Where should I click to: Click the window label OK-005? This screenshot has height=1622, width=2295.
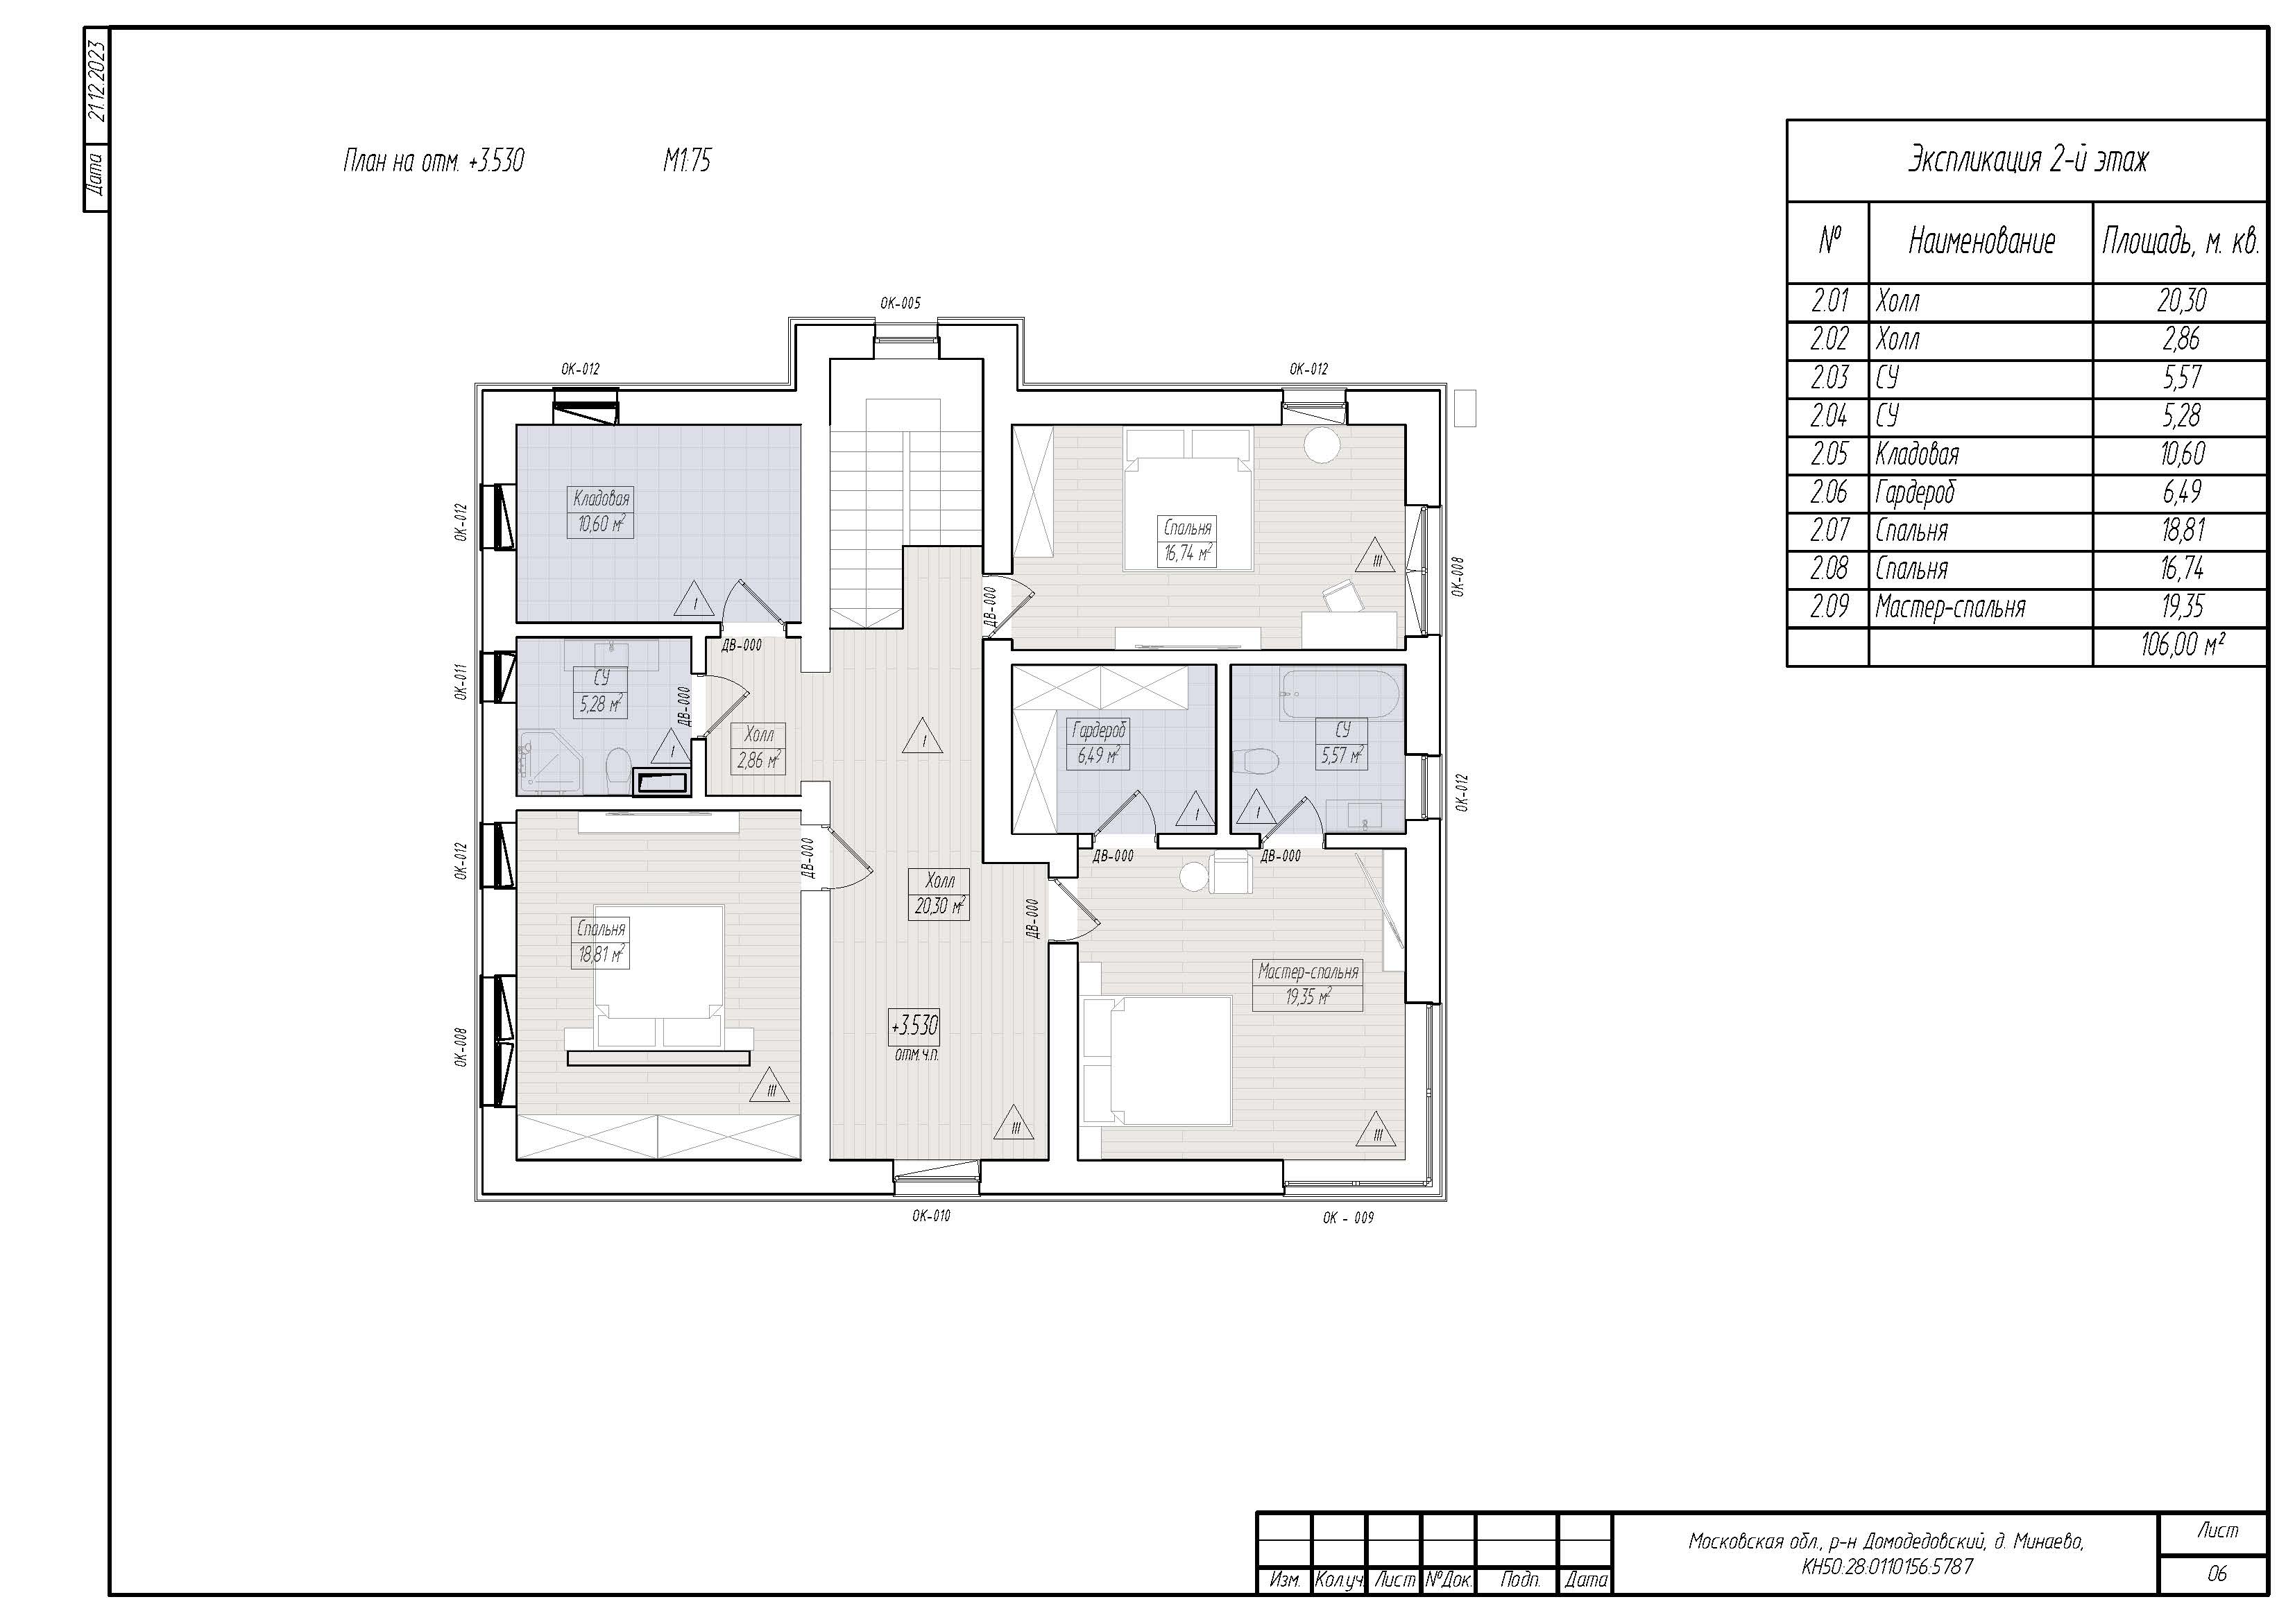(900, 303)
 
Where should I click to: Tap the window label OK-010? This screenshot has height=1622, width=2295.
(930, 1216)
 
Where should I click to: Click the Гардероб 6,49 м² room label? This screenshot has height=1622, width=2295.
(1098, 743)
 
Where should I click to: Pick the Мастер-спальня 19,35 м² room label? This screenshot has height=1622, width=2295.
(1308, 985)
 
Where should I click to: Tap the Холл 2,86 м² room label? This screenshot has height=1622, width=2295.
(759, 748)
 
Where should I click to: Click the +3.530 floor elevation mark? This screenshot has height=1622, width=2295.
(914, 1026)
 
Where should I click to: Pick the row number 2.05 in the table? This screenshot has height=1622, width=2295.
(1830, 455)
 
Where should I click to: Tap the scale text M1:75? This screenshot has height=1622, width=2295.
(687, 160)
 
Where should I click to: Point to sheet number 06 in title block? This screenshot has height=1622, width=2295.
(2217, 1573)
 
